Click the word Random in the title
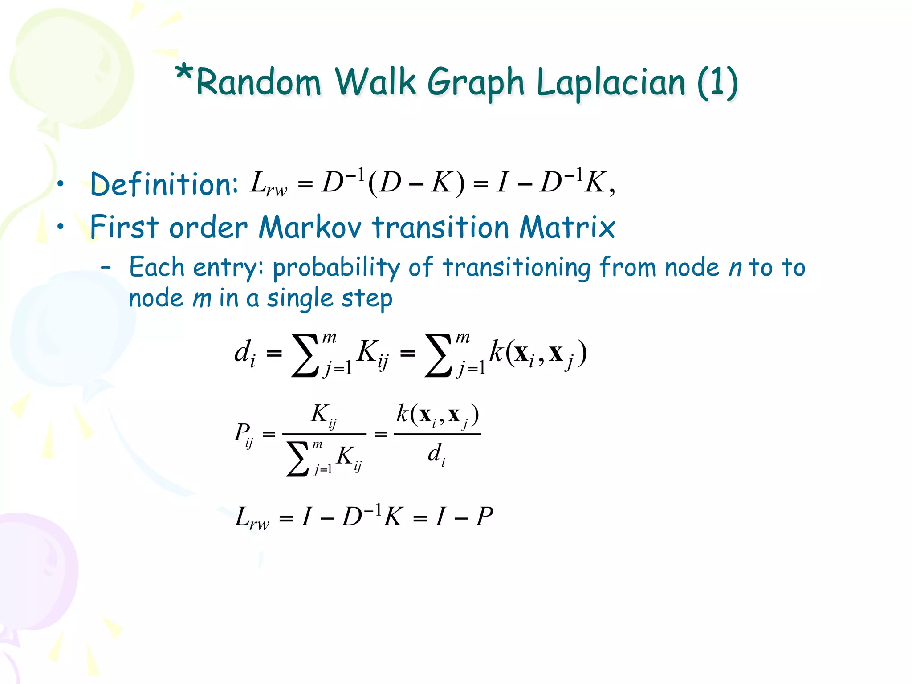click(258, 82)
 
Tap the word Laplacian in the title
click(611, 82)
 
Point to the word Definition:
click(164, 184)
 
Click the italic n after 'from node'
click(735, 268)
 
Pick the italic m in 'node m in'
click(202, 298)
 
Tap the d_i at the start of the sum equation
click(245, 353)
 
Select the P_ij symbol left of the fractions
click(244, 434)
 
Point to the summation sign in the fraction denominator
click(297, 459)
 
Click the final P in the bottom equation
click(484, 517)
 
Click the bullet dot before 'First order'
click(61, 227)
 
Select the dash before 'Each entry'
click(106, 268)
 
